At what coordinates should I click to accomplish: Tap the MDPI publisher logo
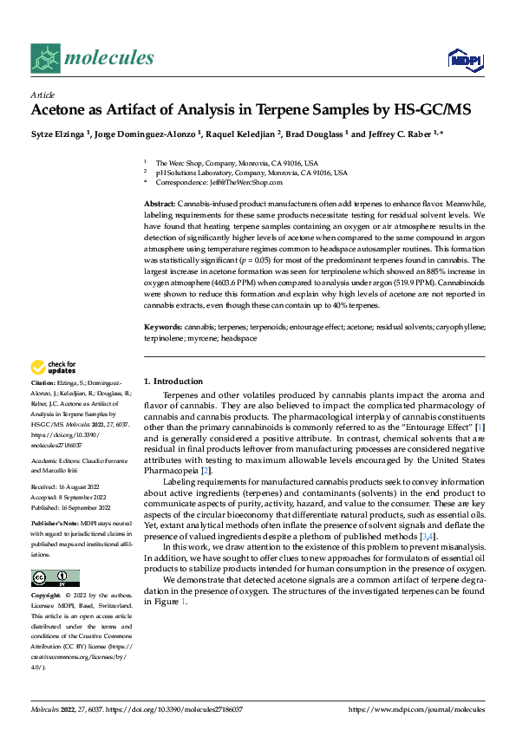(x=465, y=59)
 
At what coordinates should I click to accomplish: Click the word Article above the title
(x=42, y=95)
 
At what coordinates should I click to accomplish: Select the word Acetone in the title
(x=60, y=110)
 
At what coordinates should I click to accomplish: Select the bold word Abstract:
(x=160, y=202)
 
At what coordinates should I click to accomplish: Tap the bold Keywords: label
(x=162, y=327)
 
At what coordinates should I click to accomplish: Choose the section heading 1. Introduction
(x=173, y=381)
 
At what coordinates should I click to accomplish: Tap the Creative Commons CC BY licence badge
(x=55, y=578)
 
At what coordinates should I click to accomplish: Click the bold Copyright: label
(x=48, y=596)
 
